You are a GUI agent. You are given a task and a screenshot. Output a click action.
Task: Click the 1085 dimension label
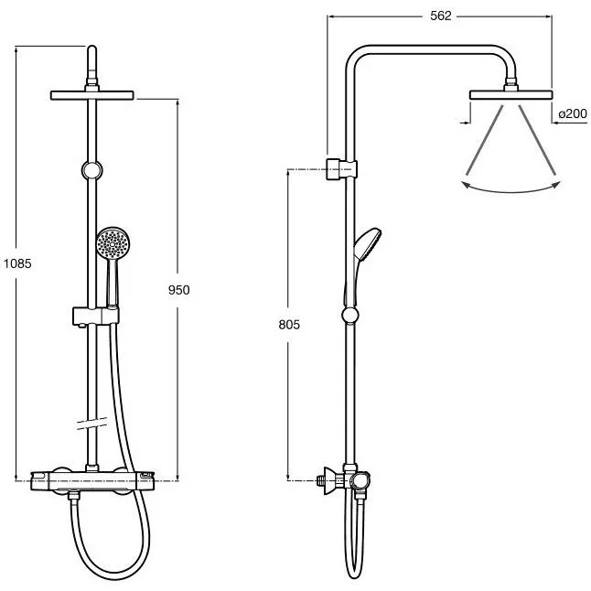(x=17, y=263)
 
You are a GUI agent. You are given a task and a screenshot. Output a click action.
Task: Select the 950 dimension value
(x=178, y=290)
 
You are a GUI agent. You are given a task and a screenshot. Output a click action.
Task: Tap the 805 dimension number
(x=288, y=325)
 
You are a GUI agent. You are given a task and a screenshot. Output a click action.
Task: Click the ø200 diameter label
(x=572, y=113)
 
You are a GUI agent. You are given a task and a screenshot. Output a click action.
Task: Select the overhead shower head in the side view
(x=511, y=94)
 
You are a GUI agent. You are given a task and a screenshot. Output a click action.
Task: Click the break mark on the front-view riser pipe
(x=91, y=424)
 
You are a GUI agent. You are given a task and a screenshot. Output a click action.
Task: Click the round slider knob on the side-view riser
(x=349, y=317)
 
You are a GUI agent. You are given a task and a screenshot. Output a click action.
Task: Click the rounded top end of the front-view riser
(x=91, y=49)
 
